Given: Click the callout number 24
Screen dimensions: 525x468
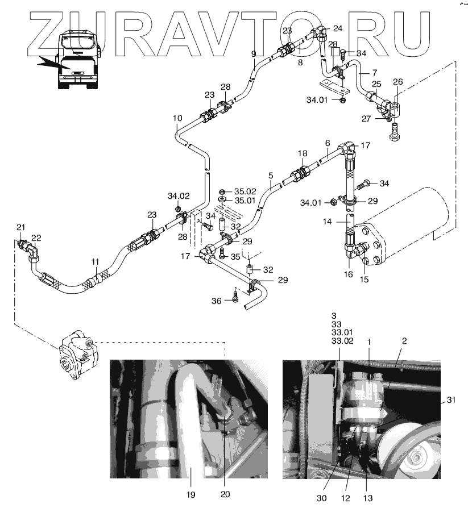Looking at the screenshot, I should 338,28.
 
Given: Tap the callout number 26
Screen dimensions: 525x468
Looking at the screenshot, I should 398,82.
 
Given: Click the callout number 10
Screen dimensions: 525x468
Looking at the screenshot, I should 177,119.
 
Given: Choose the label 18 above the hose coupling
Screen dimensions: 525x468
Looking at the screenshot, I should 303,154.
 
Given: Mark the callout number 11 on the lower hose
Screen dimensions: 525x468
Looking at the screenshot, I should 96,262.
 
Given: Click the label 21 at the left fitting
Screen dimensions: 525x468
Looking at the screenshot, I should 21,227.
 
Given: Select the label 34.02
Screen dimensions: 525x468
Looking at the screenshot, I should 178,196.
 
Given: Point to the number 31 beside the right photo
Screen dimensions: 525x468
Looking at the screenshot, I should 451,400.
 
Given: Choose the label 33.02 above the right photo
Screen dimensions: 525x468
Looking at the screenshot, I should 342,342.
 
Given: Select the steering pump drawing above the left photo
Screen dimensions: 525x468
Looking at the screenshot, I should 77,359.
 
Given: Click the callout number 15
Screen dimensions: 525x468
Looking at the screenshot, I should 365,279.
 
